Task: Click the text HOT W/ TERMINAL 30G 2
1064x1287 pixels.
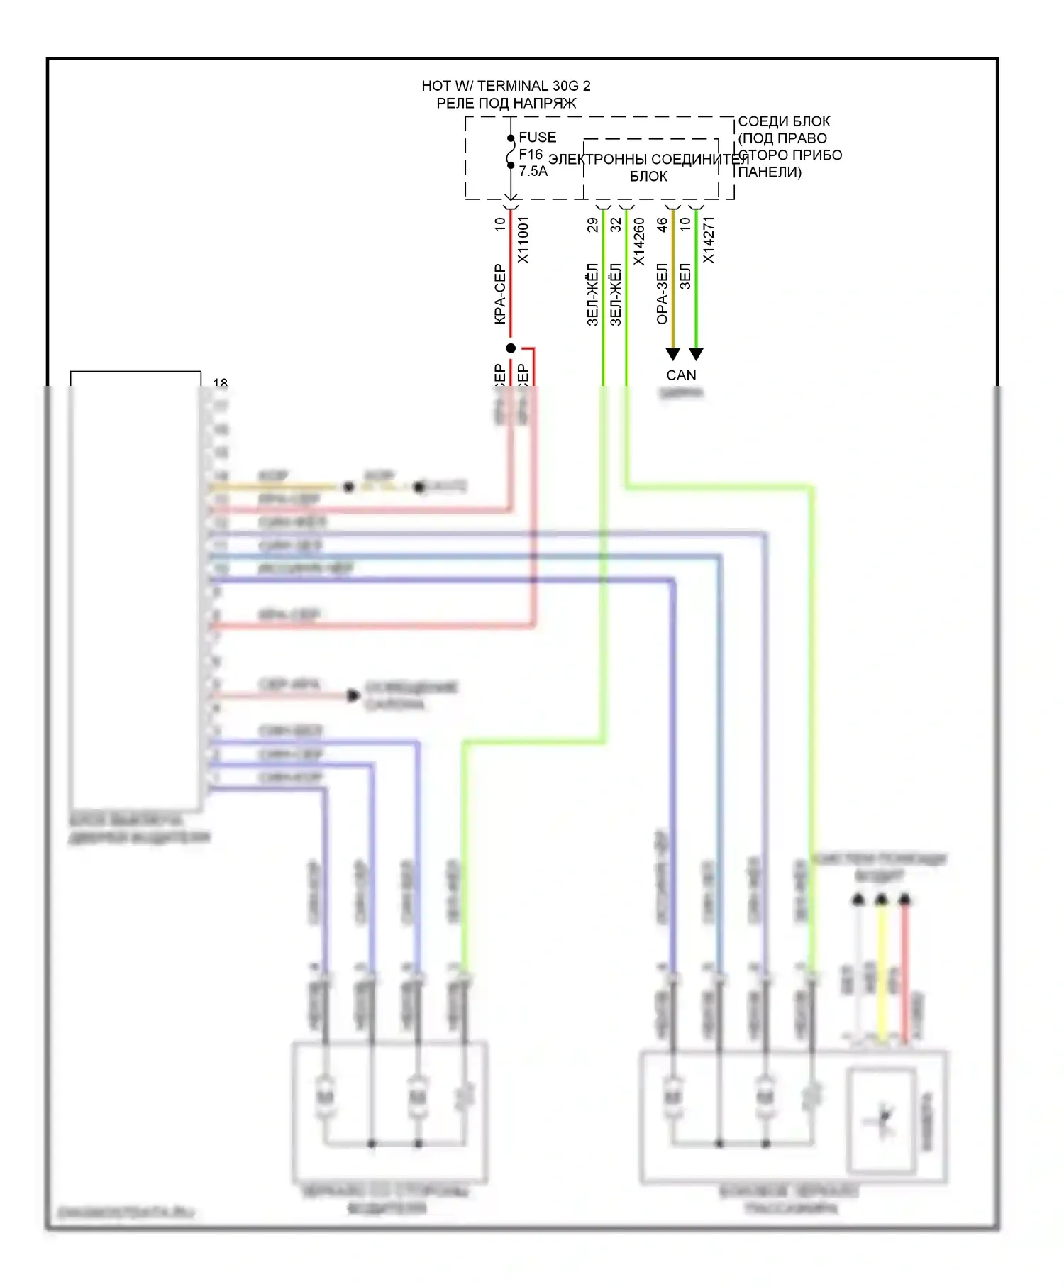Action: pos(506,86)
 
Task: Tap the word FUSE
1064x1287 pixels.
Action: pos(537,137)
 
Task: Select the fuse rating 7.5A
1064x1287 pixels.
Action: pos(533,171)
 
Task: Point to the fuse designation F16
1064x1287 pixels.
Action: pos(530,154)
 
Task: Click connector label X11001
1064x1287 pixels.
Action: pos(523,240)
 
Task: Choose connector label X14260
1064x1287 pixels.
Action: pos(638,241)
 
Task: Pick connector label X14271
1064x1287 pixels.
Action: pos(708,240)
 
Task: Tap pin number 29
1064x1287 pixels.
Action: pos(592,225)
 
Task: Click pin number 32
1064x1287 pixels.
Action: pos(616,225)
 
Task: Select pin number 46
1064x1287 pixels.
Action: pos(662,225)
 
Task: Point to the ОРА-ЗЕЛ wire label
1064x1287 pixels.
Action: pos(662,294)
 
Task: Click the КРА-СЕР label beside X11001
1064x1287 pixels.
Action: pos(499,294)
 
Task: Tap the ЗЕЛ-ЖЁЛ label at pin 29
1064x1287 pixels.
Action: pos(592,294)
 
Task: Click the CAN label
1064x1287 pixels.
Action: pos(681,375)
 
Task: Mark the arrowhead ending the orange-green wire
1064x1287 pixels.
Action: pos(673,354)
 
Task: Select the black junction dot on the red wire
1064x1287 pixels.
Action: pos(511,348)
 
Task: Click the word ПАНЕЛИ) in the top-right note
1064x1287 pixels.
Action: pos(770,172)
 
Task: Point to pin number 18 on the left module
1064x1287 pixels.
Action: pos(220,382)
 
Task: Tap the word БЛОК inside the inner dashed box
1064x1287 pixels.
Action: pos(648,176)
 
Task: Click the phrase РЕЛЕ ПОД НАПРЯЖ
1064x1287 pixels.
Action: pos(506,104)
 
